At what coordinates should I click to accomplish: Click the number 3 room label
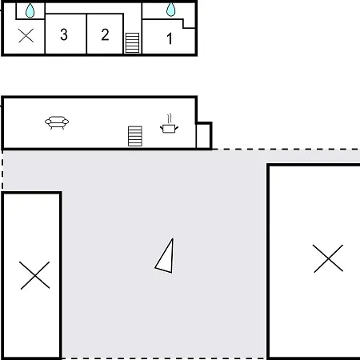pyautogui.click(x=64, y=34)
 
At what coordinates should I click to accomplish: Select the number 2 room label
pyautogui.click(x=106, y=34)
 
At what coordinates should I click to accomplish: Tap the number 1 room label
pyautogui.click(x=170, y=38)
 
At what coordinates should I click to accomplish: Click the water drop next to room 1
pyautogui.click(x=171, y=10)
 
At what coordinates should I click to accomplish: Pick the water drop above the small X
pyautogui.click(x=30, y=10)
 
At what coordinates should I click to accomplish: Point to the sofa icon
pyautogui.click(x=57, y=122)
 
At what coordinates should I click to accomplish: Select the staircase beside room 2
pyautogui.click(x=132, y=42)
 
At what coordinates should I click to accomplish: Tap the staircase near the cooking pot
pyautogui.click(x=135, y=136)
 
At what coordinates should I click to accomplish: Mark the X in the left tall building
pyautogui.click(x=35, y=275)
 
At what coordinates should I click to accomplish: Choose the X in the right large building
pyautogui.click(x=328, y=258)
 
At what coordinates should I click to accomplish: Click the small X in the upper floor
pyautogui.click(x=26, y=35)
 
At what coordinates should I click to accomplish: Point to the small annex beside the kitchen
pyautogui.click(x=204, y=135)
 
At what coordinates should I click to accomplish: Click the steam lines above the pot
pyautogui.click(x=170, y=118)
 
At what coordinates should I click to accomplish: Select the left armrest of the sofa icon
pyautogui.click(x=48, y=122)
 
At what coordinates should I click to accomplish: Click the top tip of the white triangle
pyautogui.click(x=173, y=238)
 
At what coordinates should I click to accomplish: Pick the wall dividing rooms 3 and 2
pyautogui.click(x=86, y=34)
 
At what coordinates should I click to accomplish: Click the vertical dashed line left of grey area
pyautogui.click(x=2, y=170)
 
